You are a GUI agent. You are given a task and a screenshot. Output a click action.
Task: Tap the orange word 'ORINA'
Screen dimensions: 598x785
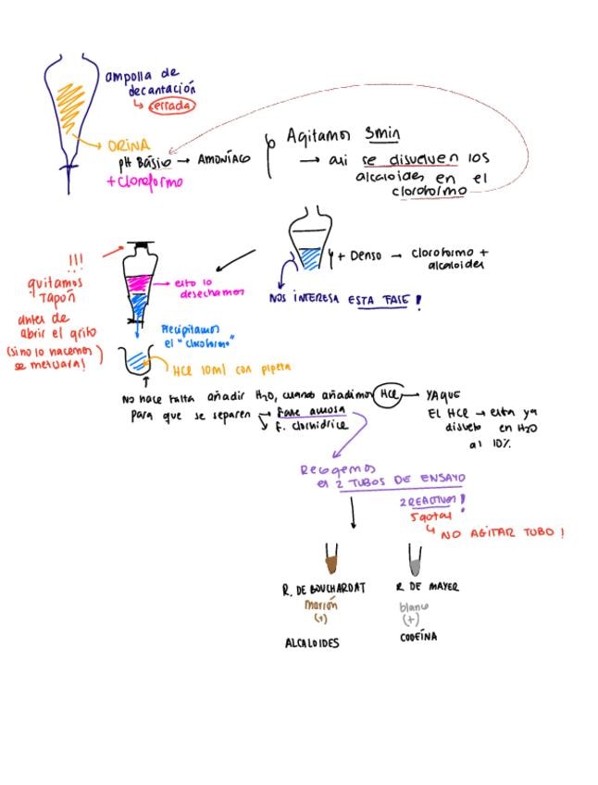129,146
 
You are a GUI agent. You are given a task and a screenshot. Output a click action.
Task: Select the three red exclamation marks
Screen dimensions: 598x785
76,258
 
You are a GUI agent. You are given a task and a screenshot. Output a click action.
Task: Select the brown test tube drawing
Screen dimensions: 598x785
330,559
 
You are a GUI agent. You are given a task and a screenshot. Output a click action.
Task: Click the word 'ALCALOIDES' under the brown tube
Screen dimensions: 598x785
311,643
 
